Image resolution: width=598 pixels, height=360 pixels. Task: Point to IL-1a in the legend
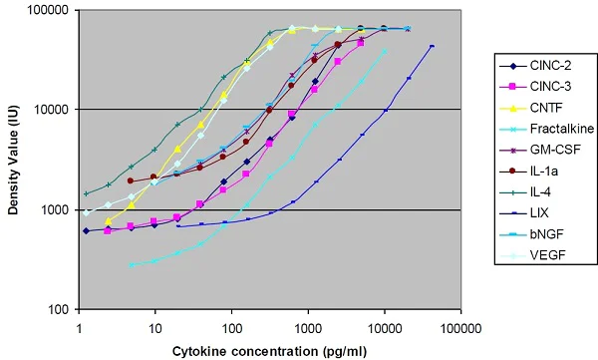click(537, 170)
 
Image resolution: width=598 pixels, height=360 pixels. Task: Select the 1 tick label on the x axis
click(79, 325)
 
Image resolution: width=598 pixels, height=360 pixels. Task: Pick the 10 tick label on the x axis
click(154, 325)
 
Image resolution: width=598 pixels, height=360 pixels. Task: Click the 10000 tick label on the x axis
click(384, 325)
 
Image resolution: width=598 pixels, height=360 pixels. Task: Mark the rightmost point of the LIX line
click(432, 46)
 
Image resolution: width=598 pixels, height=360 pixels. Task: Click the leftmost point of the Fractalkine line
click(132, 265)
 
